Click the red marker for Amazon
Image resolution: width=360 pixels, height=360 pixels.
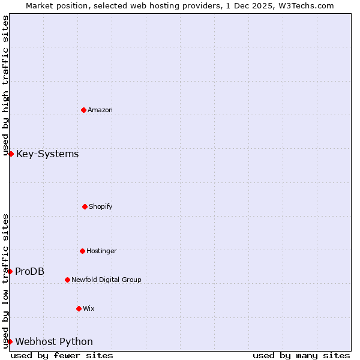(x=83, y=110)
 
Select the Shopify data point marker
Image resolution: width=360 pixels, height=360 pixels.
(x=85, y=206)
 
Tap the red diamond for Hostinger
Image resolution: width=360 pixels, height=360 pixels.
(x=82, y=251)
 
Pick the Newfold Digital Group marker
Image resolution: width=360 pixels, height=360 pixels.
(x=67, y=280)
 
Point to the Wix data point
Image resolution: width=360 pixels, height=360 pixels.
(x=79, y=308)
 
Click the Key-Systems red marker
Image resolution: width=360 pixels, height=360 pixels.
(x=11, y=154)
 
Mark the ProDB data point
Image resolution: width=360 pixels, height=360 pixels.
(x=10, y=272)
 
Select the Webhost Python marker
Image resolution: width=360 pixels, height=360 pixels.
(x=10, y=342)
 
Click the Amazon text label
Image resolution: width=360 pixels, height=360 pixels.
(x=100, y=110)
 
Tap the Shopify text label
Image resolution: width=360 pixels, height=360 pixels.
(x=101, y=206)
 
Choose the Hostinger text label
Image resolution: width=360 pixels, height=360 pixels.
(x=101, y=251)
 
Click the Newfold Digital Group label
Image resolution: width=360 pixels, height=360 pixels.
(x=107, y=280)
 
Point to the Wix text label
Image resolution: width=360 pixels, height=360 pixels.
(x=89, y=308)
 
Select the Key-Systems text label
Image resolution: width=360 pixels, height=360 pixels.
(x=47, y=154)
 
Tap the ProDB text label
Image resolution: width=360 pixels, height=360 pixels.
(x=30, y=272)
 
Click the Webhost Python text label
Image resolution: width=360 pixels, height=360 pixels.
(x=54, y=342)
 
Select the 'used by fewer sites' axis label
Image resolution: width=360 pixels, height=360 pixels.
(x=62, y=355)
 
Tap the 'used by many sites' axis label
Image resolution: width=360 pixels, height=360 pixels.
(x=301, y=355)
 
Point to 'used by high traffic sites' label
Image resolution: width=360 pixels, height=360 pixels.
(x=5, y=86)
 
